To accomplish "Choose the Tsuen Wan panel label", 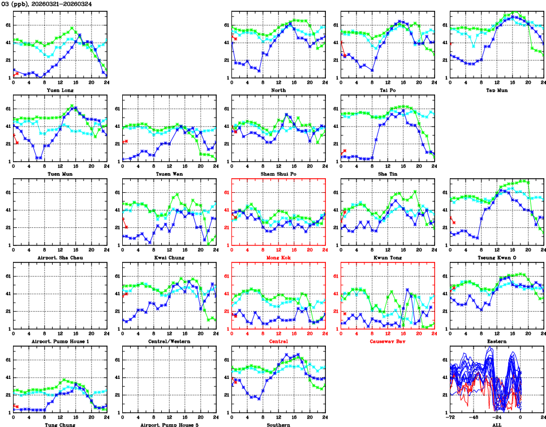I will [169, 174].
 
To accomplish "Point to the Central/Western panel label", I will [169, 341].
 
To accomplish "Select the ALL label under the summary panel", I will [497, 424].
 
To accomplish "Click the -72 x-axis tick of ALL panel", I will [451, 417].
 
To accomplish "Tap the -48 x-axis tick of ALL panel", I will [474, 417].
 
